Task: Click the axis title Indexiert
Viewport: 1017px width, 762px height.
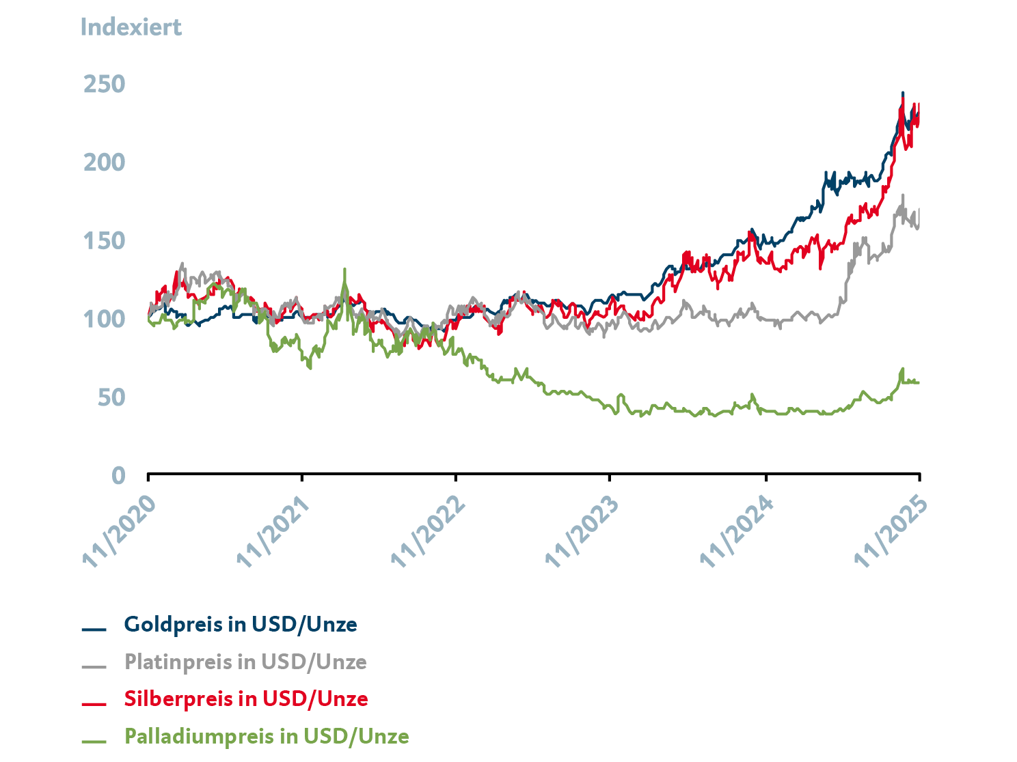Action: tap(131, 27)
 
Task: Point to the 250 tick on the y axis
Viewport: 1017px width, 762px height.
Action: tap(105, 85)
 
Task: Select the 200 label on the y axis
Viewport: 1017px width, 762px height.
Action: tap(105, 163)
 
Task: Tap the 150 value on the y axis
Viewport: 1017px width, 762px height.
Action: tap(105, 241)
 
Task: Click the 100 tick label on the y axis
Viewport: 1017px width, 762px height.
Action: tap(105, 319)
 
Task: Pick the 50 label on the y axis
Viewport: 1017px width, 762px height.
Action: tap(111, 397)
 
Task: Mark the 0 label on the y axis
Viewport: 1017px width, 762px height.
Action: tap(118, 475)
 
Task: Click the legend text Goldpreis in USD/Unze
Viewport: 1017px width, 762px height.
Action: tap(241, 625)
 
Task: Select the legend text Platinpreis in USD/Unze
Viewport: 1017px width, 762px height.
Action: tap(245, 662)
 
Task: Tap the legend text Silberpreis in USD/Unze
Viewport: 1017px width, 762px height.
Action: tap(246, 699)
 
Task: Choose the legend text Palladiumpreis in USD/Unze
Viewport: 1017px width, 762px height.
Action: tap(267, 737)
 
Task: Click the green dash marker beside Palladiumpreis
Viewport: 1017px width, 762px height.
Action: tap(94, 741)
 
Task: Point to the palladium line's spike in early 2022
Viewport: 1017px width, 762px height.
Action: tap(344, 270)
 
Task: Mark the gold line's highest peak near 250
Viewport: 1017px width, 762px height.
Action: tap(902, 94)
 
